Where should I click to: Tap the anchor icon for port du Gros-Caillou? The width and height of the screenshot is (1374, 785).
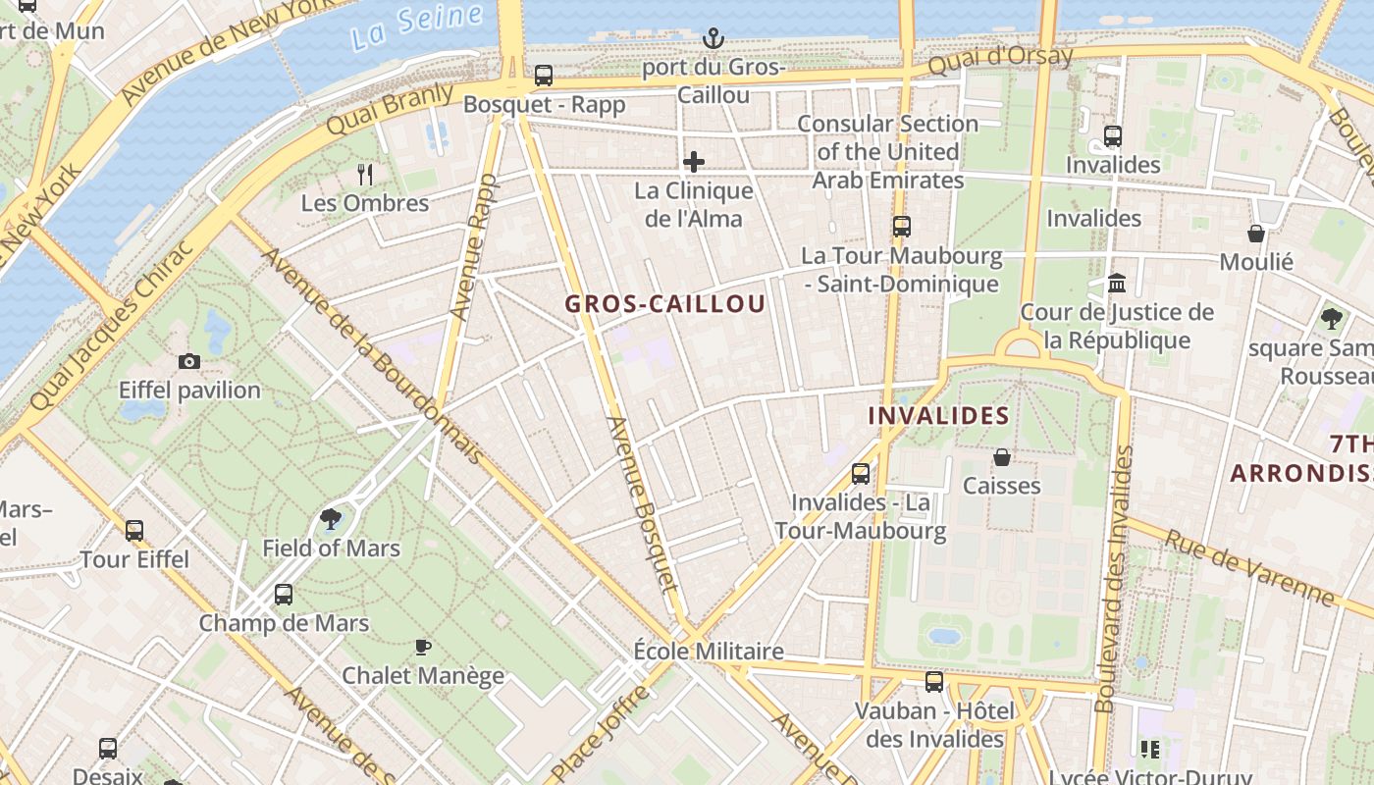point(713,38)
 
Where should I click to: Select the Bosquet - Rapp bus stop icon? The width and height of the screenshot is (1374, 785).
point(543,75)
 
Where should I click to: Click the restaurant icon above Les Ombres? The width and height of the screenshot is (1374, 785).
point(365,175)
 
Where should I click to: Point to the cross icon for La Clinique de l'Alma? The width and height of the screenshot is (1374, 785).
point(694,161)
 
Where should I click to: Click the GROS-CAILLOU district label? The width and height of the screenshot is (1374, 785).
point(664,304)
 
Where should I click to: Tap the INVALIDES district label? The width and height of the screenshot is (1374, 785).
point(938,415)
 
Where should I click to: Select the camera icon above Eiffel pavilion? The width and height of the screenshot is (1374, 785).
point(189,361)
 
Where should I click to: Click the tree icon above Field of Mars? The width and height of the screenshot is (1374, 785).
point(331,518)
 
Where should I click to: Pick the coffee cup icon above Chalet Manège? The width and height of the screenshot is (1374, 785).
point(422,647)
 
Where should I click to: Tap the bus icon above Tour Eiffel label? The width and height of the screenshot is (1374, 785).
point(134,531)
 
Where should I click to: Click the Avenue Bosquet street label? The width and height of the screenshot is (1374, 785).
point(644,504)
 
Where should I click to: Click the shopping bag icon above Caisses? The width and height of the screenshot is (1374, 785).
point(1001,457)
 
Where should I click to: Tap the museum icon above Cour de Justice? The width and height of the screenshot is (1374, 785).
point(1116,284)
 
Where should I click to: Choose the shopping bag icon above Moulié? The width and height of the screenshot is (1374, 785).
point(1255,234)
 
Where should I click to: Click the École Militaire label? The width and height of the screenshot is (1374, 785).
point(708,651)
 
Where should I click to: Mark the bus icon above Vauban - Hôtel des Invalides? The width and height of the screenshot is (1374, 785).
point(934,681)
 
